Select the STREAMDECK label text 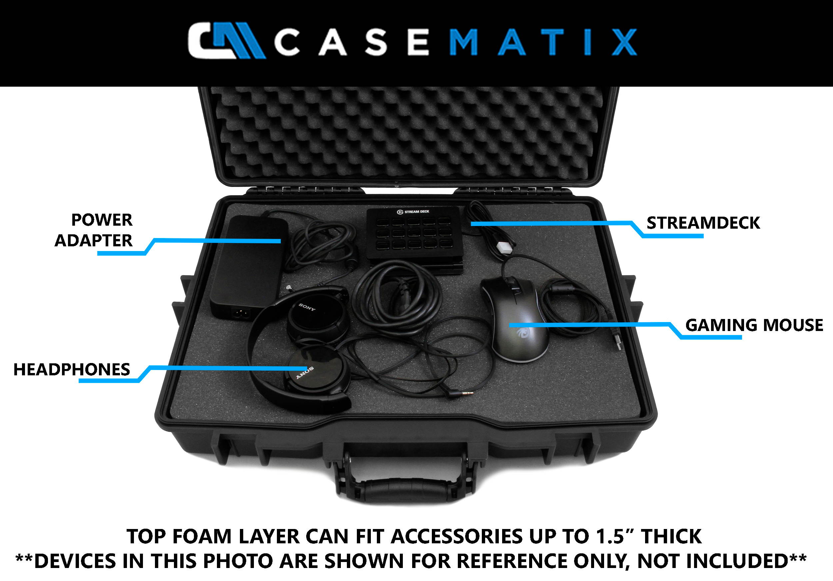pyautogui.click(x=703, y=223)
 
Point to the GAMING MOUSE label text pyautogui.click(x=754, y=325)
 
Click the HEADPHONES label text pyautogui.click(x=72, y=369)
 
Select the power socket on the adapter pyautogui.click(x=241, y=312)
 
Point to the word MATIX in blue pyautogui.click(x=542, y=42)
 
